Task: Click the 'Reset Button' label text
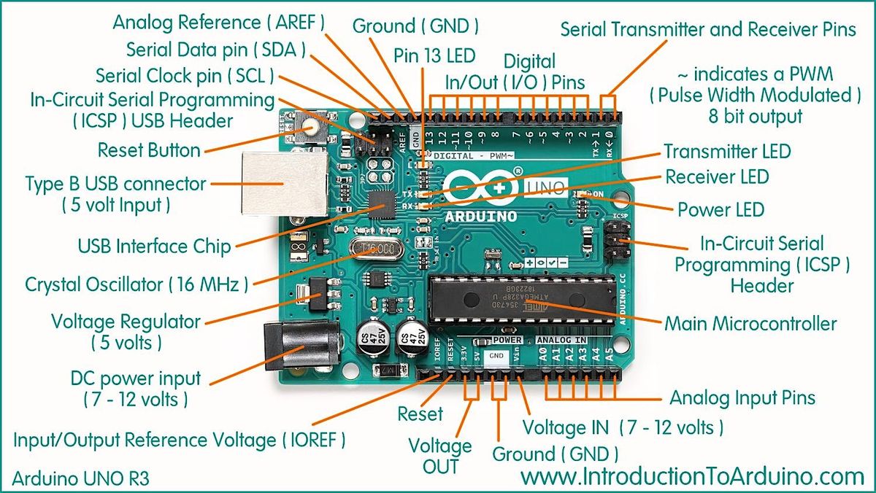[x=149, y=150]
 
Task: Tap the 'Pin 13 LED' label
[x=434, y=55]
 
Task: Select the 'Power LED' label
[x=721, y=210]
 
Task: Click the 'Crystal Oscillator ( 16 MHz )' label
[x=137, y=283]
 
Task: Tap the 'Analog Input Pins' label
[x=742, y=397]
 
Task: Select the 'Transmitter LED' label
[x=726, y=152]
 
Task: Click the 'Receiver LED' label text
[x=716, y=176]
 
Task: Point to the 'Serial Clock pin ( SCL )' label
[x=185, y=75]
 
